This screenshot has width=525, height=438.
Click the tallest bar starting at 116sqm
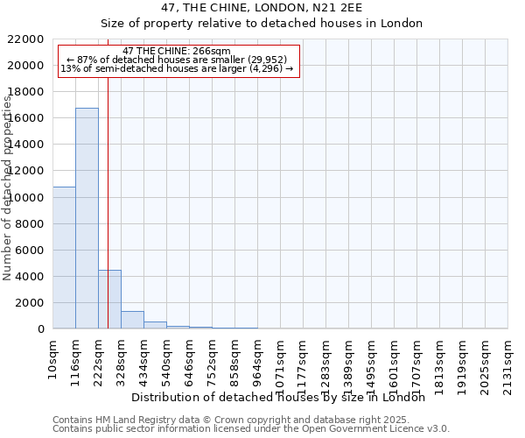[87, 218]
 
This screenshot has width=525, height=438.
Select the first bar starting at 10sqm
[64, 258]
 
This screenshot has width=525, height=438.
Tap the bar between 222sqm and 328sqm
[109, 299]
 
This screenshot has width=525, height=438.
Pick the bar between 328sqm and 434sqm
[132, 320]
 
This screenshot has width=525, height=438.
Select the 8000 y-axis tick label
[30, 223]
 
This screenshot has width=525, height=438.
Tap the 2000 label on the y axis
[30, 302]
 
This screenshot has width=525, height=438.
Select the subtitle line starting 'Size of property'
[262, 24]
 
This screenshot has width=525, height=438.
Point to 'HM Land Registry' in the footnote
[121, 420]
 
